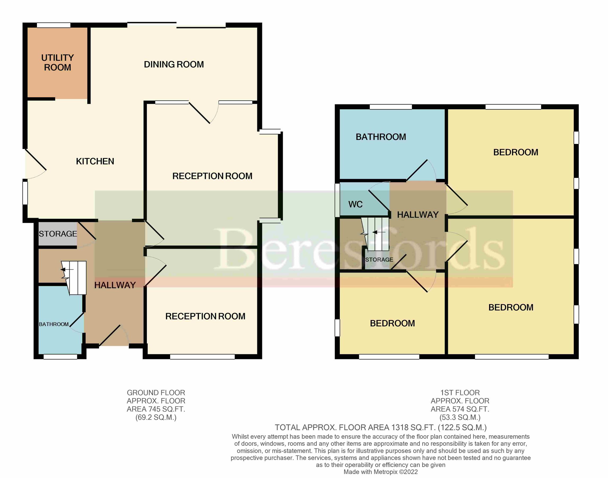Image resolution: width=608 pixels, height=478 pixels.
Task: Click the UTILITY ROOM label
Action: tap(57, 62)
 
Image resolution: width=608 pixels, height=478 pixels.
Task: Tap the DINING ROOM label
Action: tap(174, 64)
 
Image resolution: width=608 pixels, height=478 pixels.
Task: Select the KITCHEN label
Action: tap(95, 161)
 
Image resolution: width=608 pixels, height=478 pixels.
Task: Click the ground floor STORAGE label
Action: tap(58, 234)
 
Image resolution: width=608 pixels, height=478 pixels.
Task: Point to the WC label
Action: tap(355, 204)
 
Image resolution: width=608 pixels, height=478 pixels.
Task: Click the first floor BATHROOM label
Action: tap(380, 137)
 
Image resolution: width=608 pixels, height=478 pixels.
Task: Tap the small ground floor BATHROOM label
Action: tap(54, 324)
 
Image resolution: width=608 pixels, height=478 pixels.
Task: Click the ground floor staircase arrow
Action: tap(67, 269)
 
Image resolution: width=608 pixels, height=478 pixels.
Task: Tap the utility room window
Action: tap(53, 25)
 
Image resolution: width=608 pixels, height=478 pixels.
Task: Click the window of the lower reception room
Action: tap(202, 357)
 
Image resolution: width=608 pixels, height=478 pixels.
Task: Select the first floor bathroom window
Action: tap(391, 107)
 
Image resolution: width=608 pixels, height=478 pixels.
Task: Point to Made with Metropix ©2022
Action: tap(380, 472)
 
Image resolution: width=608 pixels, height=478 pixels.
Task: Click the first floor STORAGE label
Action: tap(379, 260)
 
